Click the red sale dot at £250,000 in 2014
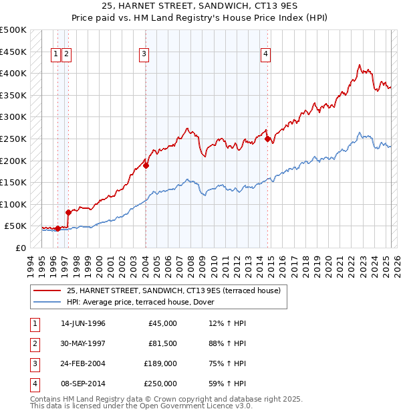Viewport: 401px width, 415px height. [x=267, y=139]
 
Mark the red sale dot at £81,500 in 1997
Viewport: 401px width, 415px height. [x=68, y=212]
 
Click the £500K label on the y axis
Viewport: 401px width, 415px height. [x=13, y=30]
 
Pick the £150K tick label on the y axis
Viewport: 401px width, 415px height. [x=13, y=182]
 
